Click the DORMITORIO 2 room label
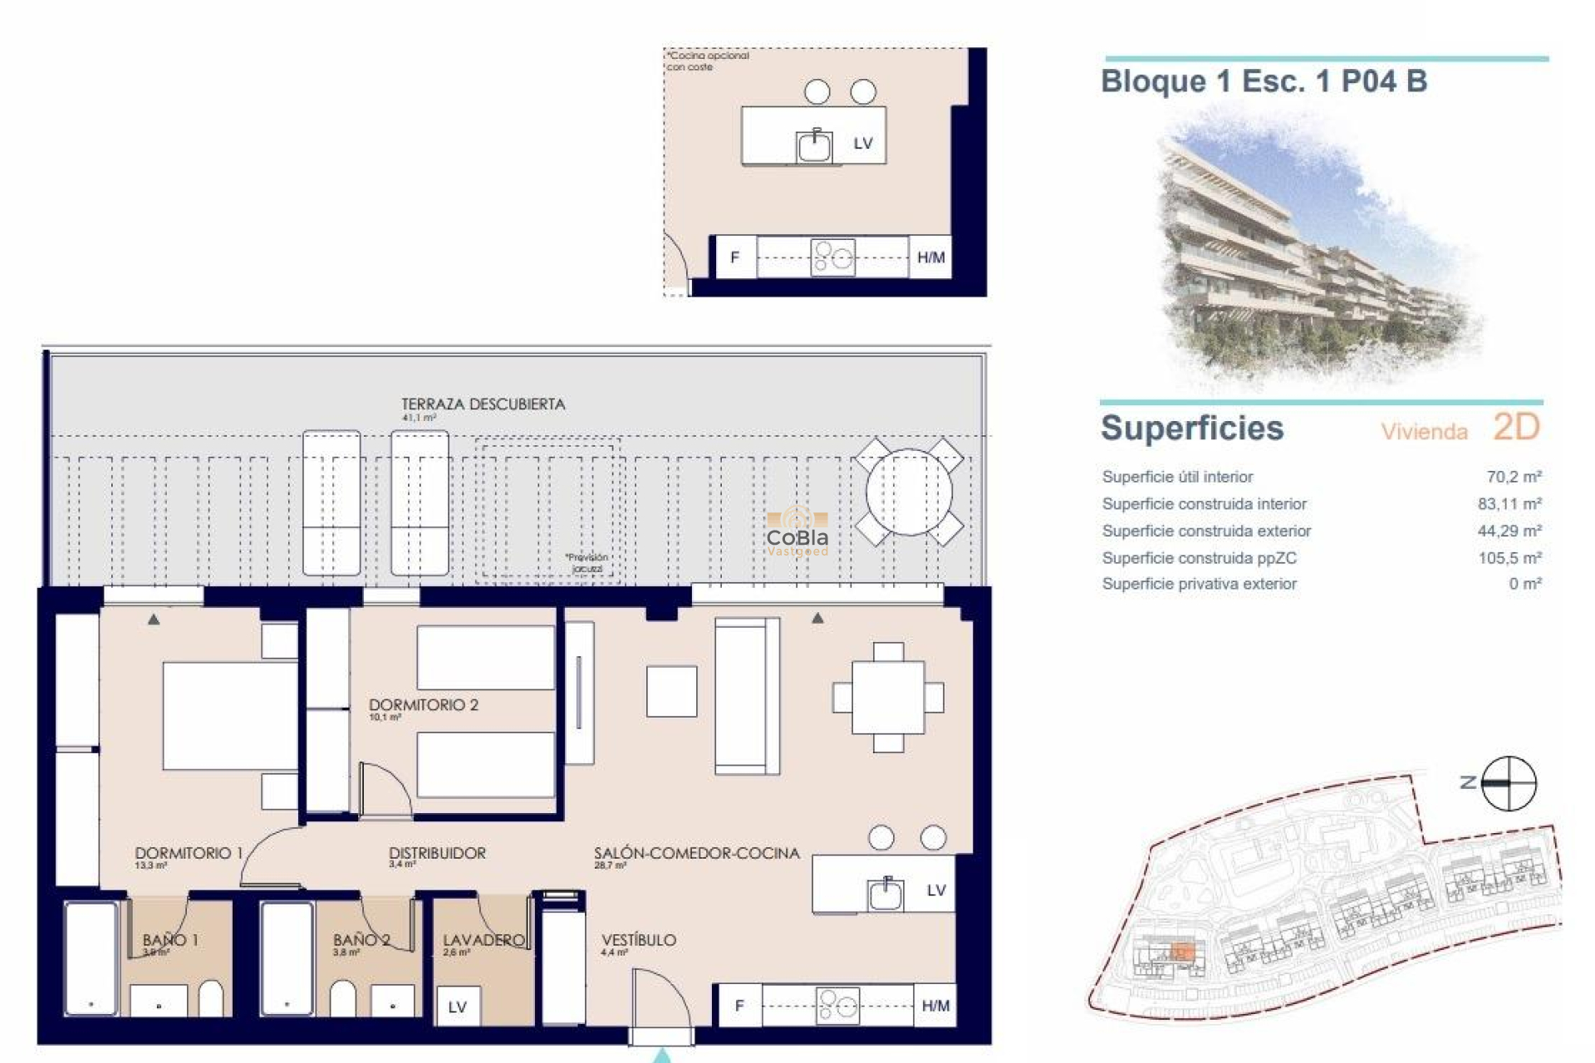point(424,705)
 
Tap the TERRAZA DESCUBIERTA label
point(483,404)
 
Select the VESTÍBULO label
point(639,940)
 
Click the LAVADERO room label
point(483,940)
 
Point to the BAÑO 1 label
point(170,940)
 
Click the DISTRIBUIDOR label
point(437,853)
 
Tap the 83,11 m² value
point(1509,504)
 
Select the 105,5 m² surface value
point(1509,558)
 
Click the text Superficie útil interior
point(1177,477)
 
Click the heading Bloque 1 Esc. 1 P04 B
point(1264,81)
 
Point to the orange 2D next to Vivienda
point(1516,428)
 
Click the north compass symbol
point(1508,783)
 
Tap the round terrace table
point(909,492)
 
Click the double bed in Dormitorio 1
point(230,716)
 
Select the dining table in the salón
point(888,698)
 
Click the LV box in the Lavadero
point(458,1007)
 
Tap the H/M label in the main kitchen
point(935,1007)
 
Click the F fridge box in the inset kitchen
point(734,257)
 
